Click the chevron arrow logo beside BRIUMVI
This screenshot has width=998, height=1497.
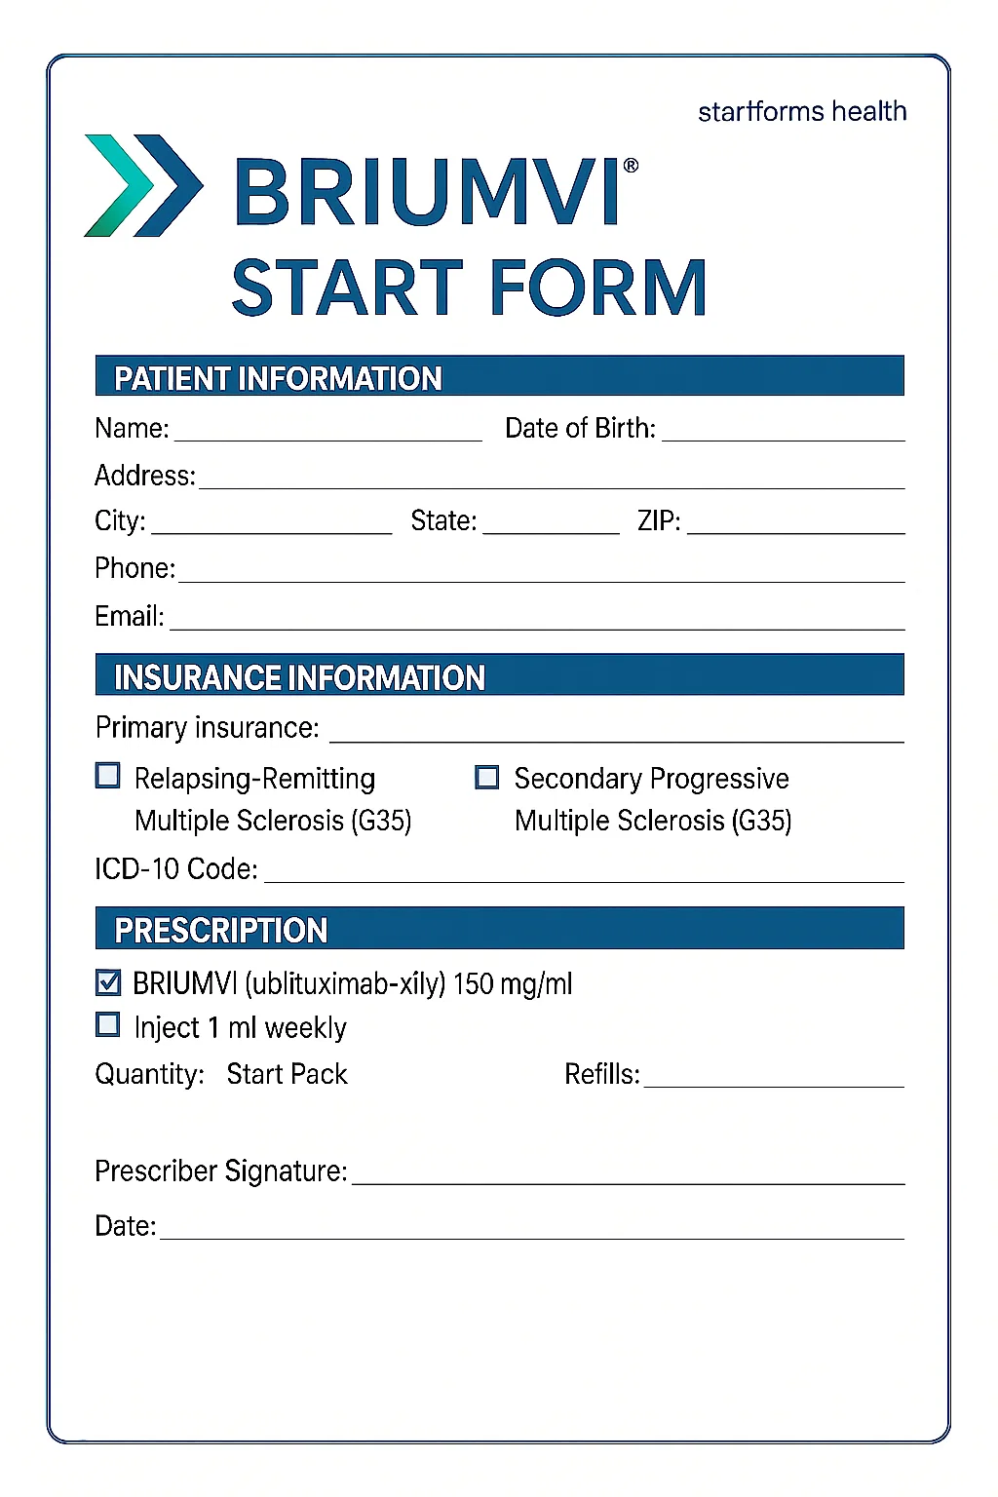[x=143, y=185]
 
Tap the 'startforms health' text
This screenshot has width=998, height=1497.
[x=801, y=112]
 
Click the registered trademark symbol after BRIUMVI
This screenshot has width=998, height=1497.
[x=631, y=166]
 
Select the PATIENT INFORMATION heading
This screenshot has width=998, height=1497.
[x=278, y=378]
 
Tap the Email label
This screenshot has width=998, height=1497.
[x=129, y=616]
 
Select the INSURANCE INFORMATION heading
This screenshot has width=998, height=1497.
[x=299, y=677]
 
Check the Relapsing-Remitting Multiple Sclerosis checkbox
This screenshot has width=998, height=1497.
[x=108, y=776]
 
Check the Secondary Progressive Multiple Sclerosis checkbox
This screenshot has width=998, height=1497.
[x=486, y=777]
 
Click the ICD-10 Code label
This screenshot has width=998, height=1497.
[x=175, y=868]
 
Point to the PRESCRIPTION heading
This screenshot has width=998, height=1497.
[x=221, y=931]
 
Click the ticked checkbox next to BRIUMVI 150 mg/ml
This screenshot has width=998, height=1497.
[x=108, y=982]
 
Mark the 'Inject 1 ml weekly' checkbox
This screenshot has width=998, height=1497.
[x=108, y=1024]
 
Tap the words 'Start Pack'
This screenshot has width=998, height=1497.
[x=287, y=1074]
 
